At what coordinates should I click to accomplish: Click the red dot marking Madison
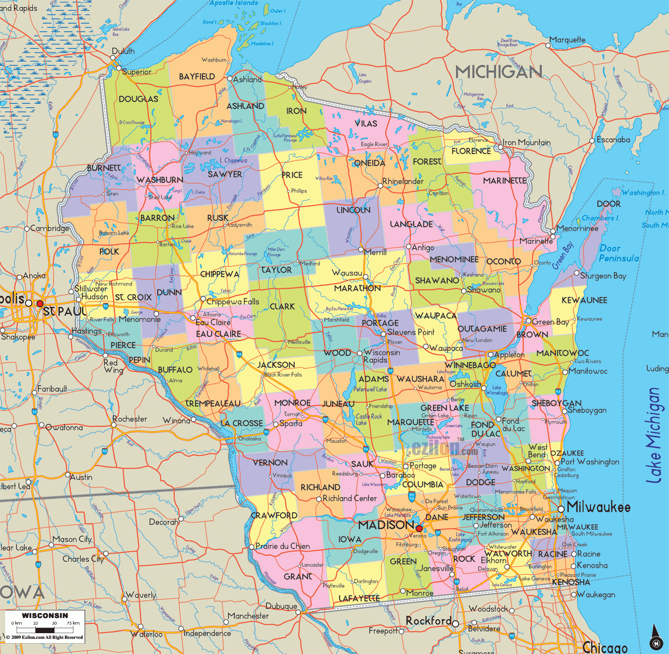pyautogui.click(x=419, y=528)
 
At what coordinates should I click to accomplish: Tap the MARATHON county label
pyautogui.click(x=357, y=288)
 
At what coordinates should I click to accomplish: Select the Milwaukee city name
pyautogui.click(x=598, y=507)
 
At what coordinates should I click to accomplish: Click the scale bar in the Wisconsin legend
pyautogui.click(x=45, y=630)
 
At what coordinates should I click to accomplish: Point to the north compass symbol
pyautogui.click(x=656, y=637)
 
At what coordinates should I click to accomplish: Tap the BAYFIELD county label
pyautogui.click(x=197, y=76)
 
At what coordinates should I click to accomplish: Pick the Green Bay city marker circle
pyautogui.click(x=529, y=321)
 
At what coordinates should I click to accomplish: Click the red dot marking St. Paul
pyautogui.click(x=40, y=303)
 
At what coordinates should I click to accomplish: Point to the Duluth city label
pyautogui.click(x=123, y=51)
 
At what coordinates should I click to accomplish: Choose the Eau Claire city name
pyautogui.click(x=213, y=322)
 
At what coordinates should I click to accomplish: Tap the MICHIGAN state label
pyautogui.click(x=498, y=72)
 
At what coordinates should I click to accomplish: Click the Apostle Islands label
pyautogui.click(x=234, y=3)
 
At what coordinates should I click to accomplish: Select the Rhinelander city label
pyautogui.click(x=403, y=181)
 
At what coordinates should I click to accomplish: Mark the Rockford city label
pyautogui.click(x=428, y=620)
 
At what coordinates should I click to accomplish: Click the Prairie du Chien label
pyautogui.click(x=282, y=546)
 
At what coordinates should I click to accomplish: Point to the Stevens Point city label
pyautogui.click(x=411, y=332)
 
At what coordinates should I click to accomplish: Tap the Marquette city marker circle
pyautogui.click(x=548, y=45)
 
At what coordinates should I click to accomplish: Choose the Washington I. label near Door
pyautogui.click(x=643, y=192)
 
